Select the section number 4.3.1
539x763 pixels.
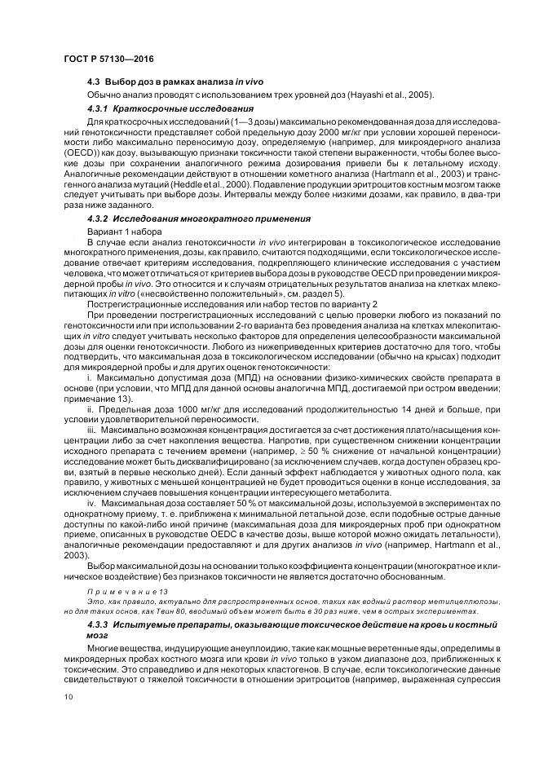click(99, 108)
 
